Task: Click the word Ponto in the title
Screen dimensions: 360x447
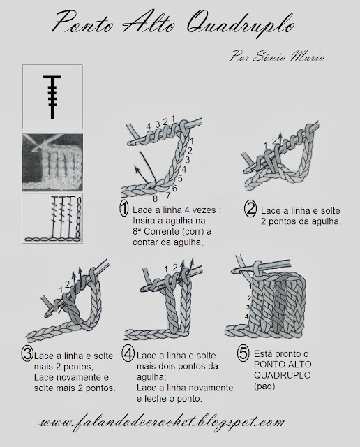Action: (82, 23)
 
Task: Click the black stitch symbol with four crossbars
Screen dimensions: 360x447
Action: (52, 97)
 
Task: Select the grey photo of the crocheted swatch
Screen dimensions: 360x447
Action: (52, 162)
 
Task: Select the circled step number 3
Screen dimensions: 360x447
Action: (27, 354)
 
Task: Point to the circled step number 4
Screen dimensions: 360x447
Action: (128, 354)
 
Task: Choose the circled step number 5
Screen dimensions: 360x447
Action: (243, 353)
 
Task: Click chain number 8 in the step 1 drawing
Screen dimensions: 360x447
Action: (155, 198)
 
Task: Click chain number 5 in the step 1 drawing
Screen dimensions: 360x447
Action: (180, 179)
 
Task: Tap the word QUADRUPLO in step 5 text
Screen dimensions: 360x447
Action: (283, 375)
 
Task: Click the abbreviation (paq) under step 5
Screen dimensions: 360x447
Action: (264, 386)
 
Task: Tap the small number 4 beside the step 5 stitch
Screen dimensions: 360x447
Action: (247, 316)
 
